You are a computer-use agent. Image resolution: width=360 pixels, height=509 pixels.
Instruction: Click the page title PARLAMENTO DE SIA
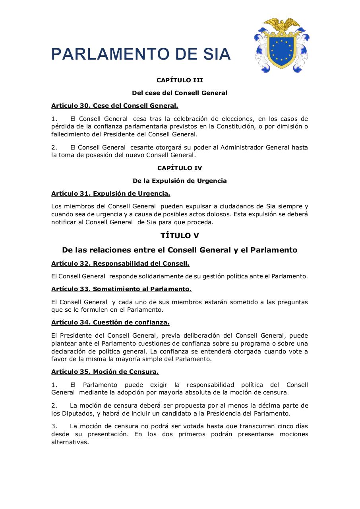coord(141,54)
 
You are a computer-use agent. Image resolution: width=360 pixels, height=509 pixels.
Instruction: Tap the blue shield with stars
coord(282,49)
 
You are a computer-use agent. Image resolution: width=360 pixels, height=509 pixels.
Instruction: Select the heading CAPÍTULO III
coord(180,80)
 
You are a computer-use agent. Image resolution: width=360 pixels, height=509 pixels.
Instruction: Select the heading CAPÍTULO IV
coord(180,168)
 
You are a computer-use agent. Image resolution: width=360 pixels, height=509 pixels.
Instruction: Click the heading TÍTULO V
coord(180,235)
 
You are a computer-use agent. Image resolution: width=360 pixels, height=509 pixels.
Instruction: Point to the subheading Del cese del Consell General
coord(180,93)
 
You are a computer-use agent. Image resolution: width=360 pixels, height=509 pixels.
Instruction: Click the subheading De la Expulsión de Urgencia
coord(180,181)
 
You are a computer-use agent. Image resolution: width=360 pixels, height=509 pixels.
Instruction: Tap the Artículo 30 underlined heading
coord(114,105)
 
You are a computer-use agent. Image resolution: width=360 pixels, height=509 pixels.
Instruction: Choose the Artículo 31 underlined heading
coord(110,193)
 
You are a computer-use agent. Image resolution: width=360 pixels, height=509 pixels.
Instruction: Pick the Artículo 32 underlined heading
coord(120,263)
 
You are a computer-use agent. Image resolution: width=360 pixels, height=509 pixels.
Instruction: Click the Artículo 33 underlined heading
coord(121,289)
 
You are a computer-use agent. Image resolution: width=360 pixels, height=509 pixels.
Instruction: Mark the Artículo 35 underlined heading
coord(105,371)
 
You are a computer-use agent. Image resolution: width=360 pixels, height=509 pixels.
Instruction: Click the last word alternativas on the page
coord(70,442)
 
